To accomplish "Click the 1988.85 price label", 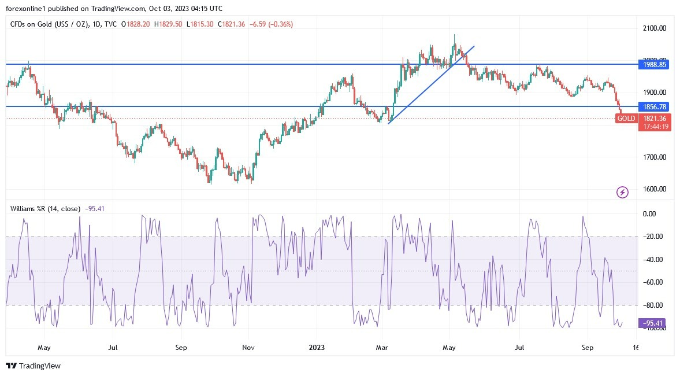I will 655,65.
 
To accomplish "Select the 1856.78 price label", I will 655,107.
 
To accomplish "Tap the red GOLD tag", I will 626,119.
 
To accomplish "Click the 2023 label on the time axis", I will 317,348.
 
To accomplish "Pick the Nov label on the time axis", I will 248,348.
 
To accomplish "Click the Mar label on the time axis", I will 382,348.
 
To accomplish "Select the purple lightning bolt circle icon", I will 622,192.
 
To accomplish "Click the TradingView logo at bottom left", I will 33,366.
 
